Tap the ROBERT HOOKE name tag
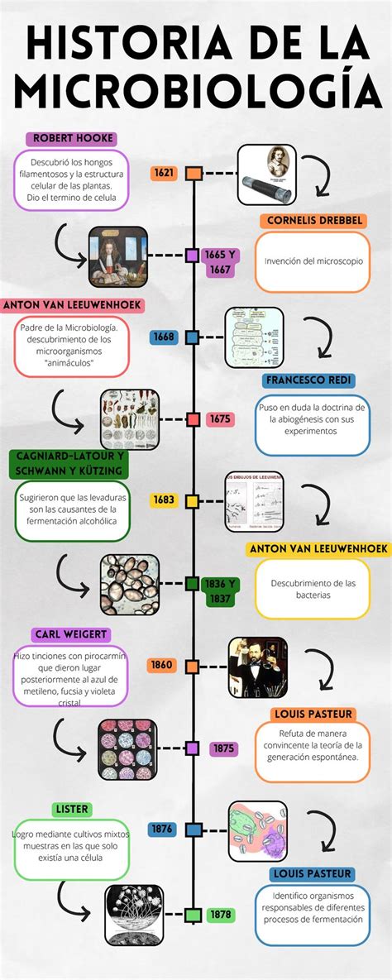70,139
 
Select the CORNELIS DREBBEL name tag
314,221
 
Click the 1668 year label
165,337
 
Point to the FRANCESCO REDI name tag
311,380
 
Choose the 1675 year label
220,419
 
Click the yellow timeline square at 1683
192,500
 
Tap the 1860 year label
161,665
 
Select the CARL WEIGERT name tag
70,635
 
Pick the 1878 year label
221,915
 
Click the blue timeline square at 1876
194,830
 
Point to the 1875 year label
223,748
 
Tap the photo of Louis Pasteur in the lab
257,667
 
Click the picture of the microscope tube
266,174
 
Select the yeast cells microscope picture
129,585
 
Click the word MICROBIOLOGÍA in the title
198,91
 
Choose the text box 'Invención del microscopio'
313,262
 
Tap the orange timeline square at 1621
194,173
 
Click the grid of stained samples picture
127,748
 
